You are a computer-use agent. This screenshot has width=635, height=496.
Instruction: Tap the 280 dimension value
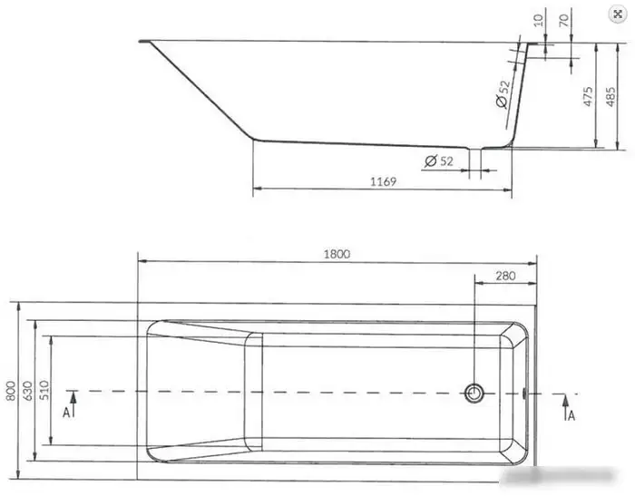click(x=505, y=276)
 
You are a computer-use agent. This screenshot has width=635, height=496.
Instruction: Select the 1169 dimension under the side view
click(x=384, y=181)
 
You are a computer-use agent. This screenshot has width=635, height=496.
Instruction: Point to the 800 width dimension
click(x=9, y=389)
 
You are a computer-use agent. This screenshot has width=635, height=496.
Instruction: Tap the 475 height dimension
click(x=587, y=94)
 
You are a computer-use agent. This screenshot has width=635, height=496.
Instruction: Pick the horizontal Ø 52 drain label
click(x=439, y=160)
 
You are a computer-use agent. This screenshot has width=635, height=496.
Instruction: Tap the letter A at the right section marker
click(x=570, y=415)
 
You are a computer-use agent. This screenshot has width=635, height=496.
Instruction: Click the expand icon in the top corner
click(x=618, y=15)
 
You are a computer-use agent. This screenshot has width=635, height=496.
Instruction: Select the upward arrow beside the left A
click(x=74, y=404)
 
